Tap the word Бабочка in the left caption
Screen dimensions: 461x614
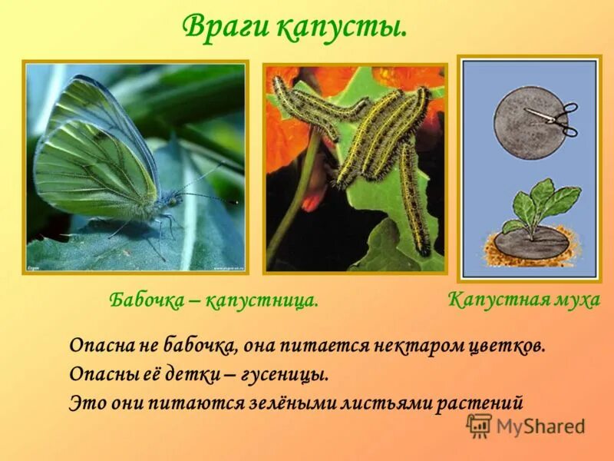click(x=146, y=300)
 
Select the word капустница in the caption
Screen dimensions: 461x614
click(x=265, y=300)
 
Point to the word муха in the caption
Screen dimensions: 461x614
click(x=575, y=300)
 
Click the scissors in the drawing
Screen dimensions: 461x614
click(x=554, y=118)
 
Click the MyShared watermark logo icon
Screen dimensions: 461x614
click(x=479, y=425)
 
